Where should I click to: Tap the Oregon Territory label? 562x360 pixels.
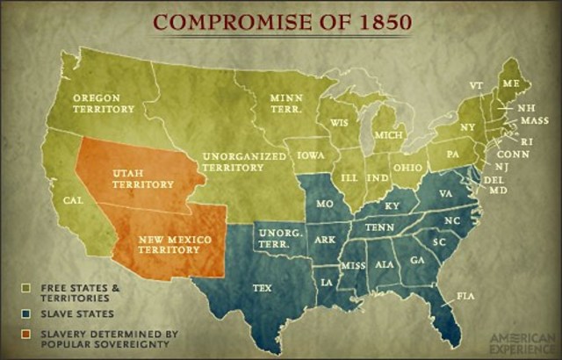[104, 103]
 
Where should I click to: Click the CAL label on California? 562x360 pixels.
[74, 200]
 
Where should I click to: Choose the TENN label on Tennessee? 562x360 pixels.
[379, 227]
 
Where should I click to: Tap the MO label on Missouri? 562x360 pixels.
[324, 203]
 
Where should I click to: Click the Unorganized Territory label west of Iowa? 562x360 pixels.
[244, 162]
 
